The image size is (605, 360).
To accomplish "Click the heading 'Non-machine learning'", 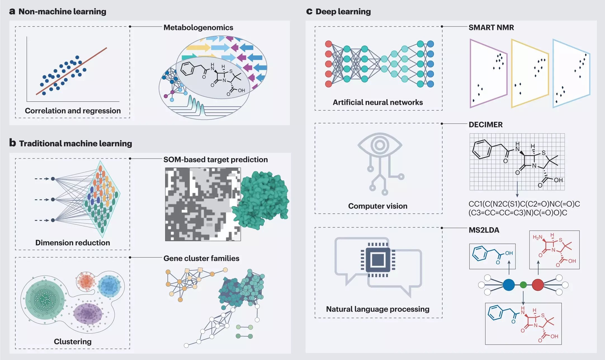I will (62, 11).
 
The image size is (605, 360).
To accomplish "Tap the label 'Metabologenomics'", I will (198, 27).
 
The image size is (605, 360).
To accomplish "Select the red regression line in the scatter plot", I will (72, 71).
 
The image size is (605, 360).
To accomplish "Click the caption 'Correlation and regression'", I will (73, 111).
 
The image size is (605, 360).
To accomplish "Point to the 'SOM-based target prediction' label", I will (215, 160).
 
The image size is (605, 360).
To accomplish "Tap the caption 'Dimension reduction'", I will (73, 243).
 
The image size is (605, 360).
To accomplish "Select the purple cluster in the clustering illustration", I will (88, 314).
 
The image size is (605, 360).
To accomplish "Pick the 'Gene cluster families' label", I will (201, 258).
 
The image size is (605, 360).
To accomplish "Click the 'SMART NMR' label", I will (491, 27).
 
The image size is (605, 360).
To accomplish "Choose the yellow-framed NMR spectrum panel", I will (529, 73).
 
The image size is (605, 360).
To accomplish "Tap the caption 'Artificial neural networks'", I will (378, 102).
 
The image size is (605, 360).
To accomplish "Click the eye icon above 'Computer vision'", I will (379, 145).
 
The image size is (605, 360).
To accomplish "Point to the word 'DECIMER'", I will (486, 125).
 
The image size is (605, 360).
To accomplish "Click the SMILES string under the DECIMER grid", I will (524, 208).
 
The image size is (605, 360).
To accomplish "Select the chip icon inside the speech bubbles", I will (378, 259).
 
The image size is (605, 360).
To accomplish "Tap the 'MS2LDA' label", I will (484, 230).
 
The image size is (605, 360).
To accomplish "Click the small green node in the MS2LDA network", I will (523, 285).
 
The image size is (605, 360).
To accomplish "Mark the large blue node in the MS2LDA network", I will (509, 285).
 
